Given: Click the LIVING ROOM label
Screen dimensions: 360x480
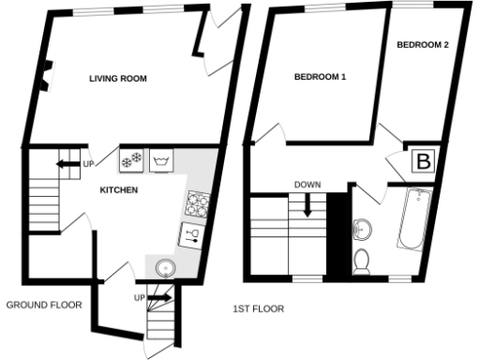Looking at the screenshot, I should click(118, 79).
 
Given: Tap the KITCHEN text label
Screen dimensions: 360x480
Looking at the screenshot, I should click(119, 190).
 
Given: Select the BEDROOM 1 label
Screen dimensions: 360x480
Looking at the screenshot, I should click(320, 78).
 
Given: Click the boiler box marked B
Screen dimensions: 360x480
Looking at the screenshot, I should click(424, 161).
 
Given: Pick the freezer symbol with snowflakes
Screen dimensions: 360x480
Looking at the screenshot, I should click(130, 161).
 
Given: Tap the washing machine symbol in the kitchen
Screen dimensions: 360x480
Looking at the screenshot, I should click(161, 161).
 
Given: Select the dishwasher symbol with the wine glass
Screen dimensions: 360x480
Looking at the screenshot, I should click(192, 233).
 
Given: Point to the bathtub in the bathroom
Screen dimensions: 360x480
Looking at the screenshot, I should click(412, 219).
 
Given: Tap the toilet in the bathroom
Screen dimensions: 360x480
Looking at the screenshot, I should click(362, 261).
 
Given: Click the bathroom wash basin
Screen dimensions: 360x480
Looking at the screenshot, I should click(362, 228).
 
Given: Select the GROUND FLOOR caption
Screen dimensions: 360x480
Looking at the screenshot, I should click(44, 306).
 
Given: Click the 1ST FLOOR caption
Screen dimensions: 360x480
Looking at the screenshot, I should click(259, 308).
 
